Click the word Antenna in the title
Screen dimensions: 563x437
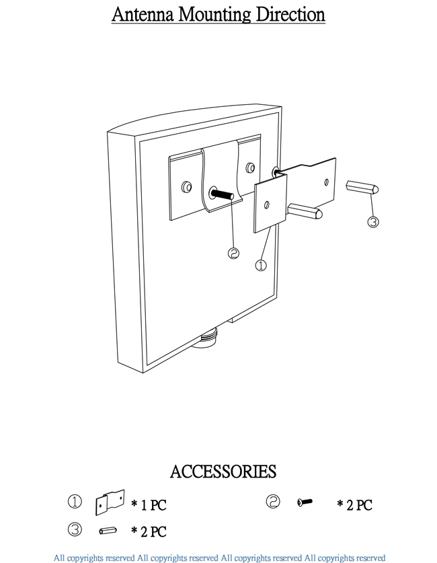click(141, 15)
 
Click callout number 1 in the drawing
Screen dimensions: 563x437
click(261, 265)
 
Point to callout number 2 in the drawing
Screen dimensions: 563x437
click(234, 253)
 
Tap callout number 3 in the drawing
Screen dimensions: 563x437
click(373, 221)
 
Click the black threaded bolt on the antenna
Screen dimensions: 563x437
click(222, 194)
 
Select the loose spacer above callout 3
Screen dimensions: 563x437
click(363, 187)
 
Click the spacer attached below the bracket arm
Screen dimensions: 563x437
click(307, 212)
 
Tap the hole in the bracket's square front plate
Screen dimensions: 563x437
click(268, 204)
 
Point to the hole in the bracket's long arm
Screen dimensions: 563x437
click(326, 181)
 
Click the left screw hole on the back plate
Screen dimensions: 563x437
click(188, 186)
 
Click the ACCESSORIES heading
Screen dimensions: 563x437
click(223, 472)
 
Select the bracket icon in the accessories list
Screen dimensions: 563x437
click(110, 501)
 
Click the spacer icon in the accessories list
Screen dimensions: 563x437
click(106, 531)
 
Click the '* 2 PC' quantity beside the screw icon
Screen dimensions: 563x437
click(354, 505)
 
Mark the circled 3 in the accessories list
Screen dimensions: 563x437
click(75, 530)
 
